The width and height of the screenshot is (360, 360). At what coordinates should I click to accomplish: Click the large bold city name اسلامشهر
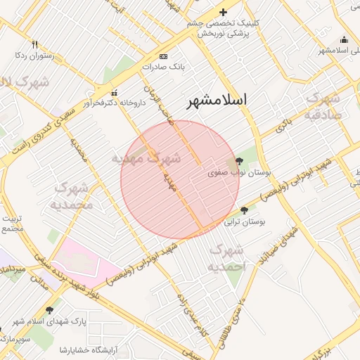(217, 101)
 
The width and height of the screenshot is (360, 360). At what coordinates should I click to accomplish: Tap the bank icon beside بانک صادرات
(164, 56)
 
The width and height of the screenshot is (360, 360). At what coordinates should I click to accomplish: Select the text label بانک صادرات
(162, 67)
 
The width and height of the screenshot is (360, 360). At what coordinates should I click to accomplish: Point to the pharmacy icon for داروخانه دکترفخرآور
(114, 92)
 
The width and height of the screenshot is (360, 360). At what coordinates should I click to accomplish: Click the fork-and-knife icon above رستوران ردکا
(34, 44)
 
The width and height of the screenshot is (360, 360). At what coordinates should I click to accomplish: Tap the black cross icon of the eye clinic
(223, 12)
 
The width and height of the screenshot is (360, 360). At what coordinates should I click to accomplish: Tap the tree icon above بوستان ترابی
(244, 210)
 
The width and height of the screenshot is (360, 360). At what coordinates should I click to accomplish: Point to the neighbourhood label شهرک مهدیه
(147, 158)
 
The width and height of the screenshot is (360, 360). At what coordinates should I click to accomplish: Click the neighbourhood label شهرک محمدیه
(71, 196)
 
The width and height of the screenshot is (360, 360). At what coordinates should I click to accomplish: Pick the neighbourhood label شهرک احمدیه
(227, 258)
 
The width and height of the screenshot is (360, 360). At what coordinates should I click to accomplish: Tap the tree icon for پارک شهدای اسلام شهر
(49, 310)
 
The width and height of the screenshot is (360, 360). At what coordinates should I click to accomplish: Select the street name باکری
(282, 127)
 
